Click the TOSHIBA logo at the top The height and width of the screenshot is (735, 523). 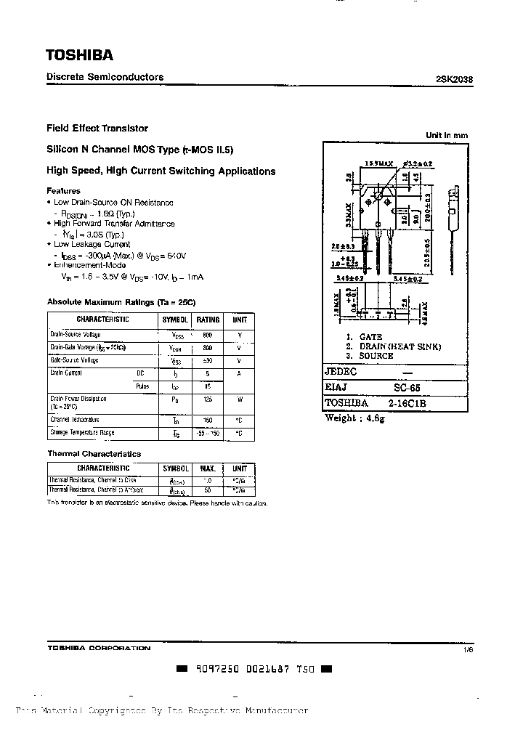[x=80, y=55]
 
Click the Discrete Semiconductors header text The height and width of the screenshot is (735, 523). [x=105, y=77]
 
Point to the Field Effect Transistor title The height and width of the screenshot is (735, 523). [x=97, y=128]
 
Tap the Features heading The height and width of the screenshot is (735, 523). [x=64, y=191]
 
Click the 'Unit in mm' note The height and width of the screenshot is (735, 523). [x=447, y=135]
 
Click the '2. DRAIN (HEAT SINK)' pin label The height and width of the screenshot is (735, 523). [x=393, y=347]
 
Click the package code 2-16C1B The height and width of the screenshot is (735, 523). [x=411, y=403]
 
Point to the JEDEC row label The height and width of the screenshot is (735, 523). [x=342, y=372]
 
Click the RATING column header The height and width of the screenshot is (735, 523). [x=208, y=320]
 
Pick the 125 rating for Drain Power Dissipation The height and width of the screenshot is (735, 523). [x=208, y=399]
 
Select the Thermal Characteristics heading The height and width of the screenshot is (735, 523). [x=94, y=454]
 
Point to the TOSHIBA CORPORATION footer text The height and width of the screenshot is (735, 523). [x=99, y=648]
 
